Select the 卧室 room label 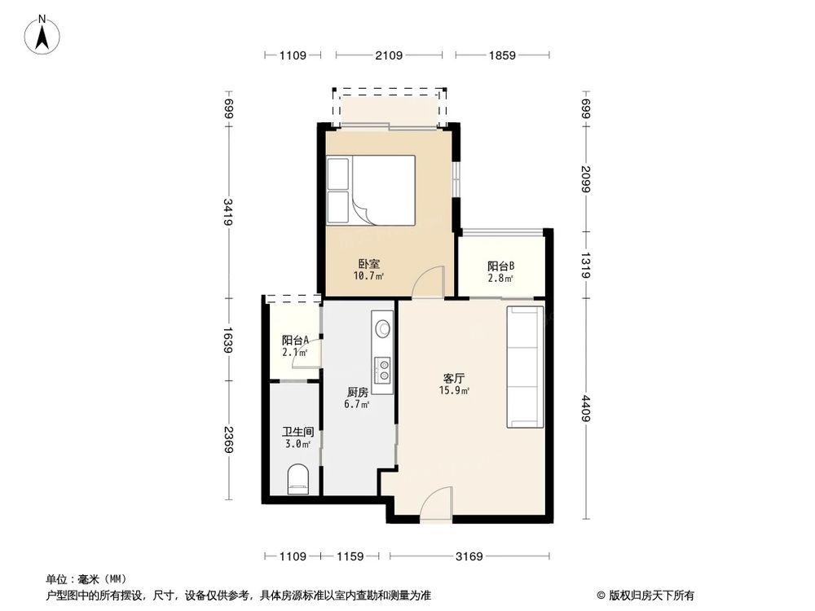pos(368,264)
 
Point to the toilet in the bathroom pos(298,479)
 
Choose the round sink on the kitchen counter pos(382,328)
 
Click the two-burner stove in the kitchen pos(382,370)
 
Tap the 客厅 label pos(454,378)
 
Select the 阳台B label pos(500,266)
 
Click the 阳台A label pos(294,341)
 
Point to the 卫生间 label pos(298,432)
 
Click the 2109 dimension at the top pos(388,55)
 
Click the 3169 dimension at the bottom pos(469,557)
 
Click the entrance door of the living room pos(435,500)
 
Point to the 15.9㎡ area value pos(454,390)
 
